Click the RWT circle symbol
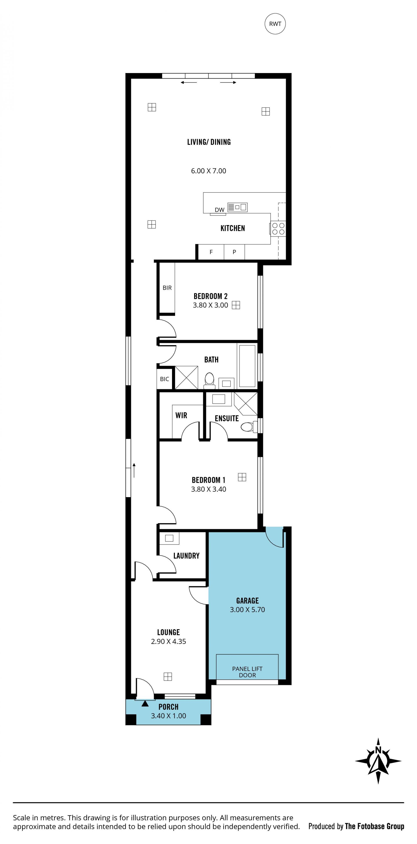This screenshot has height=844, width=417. pyautogui.click(x=275, y=23)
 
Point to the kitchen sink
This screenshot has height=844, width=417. pyautogui.click(x=238, y=207)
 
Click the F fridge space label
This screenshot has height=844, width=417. pyautogui.click(x=211, y=252)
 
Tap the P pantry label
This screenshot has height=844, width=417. pyautogui.click(x=234, y=252)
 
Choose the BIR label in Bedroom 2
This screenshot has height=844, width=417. pyautogui.click(x=167, y=288)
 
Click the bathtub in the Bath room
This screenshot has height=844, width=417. pyautogui.click(x=247, y=366)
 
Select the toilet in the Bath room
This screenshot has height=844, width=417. pyautogui.click(x=210, y=380)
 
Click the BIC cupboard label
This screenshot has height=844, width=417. pyautogui.click(x=165, y=379)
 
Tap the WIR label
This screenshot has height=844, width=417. pyautogui.click(x=181, y=415)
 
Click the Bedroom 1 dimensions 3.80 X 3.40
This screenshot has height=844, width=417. pyautogui.click(x=208, y=489)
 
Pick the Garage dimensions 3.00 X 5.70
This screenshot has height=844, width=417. pyautogui.click(x=247, y=610)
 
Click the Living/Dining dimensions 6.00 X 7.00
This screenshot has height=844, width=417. pyautogui.click(x=208, y=171)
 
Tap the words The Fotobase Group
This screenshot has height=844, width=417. pyautogui.click(x=374, y=826)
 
